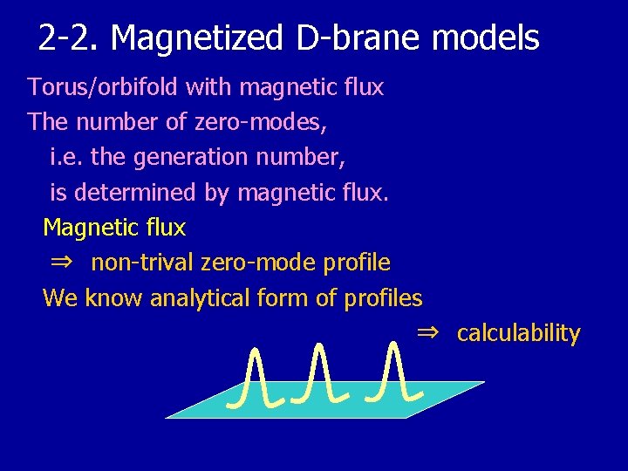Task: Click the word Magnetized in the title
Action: [197, 38]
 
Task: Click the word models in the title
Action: [486, 38]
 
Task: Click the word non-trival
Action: [142, 263]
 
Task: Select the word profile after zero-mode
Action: [357, 263]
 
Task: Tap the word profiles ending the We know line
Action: [383, 298]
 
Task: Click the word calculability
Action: [518, 333]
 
